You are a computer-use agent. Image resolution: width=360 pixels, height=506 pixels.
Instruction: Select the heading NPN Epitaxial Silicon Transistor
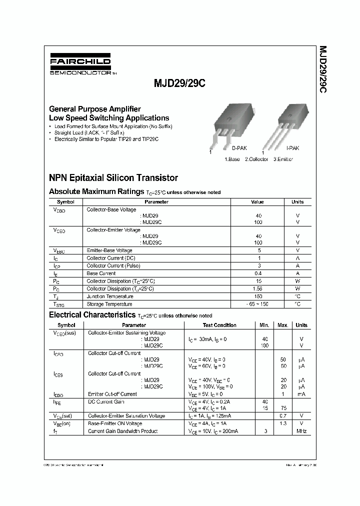tap(113, 177)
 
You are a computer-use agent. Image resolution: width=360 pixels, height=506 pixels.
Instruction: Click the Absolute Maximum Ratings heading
tap(96, 191)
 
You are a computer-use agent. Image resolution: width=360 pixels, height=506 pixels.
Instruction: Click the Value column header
tap(257, 202)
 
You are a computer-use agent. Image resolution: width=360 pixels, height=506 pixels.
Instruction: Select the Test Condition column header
tap(219, 325)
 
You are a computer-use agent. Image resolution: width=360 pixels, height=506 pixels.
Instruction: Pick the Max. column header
tap(283, 325)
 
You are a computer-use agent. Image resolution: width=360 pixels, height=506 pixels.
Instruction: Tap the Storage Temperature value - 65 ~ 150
tap(258, 304)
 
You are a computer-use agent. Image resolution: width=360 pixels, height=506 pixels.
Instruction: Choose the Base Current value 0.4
tap(258, 273)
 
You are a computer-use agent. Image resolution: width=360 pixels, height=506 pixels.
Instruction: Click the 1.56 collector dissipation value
tap(258, 289)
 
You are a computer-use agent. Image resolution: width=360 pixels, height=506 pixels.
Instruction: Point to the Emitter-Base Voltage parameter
tap(109, 250)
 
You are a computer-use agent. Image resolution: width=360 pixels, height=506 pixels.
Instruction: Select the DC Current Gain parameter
tap(106, 401)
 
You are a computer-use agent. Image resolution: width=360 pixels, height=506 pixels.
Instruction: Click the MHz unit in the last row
tap(301, 431)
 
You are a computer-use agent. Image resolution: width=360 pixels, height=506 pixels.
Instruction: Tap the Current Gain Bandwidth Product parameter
tap(123, 431)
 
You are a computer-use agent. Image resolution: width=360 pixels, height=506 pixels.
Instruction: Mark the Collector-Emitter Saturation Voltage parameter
tap(126, 416)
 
